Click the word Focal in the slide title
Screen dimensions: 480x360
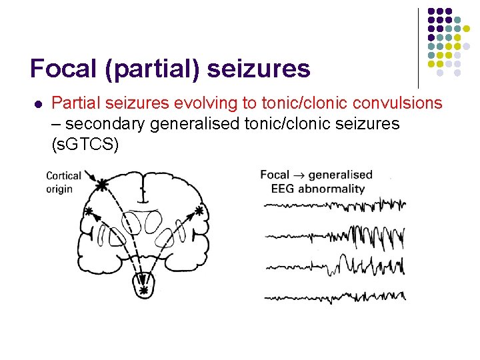(61, 69)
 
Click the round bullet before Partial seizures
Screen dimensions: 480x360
(37, 104)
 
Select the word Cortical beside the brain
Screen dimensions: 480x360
(63, 176)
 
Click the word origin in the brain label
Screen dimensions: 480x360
(59, 189)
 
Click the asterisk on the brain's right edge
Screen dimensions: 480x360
(199, 211)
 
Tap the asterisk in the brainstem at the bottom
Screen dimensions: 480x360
(143, 291)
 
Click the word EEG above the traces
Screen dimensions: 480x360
(283, 188)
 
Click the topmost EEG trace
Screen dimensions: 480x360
(333, 205)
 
